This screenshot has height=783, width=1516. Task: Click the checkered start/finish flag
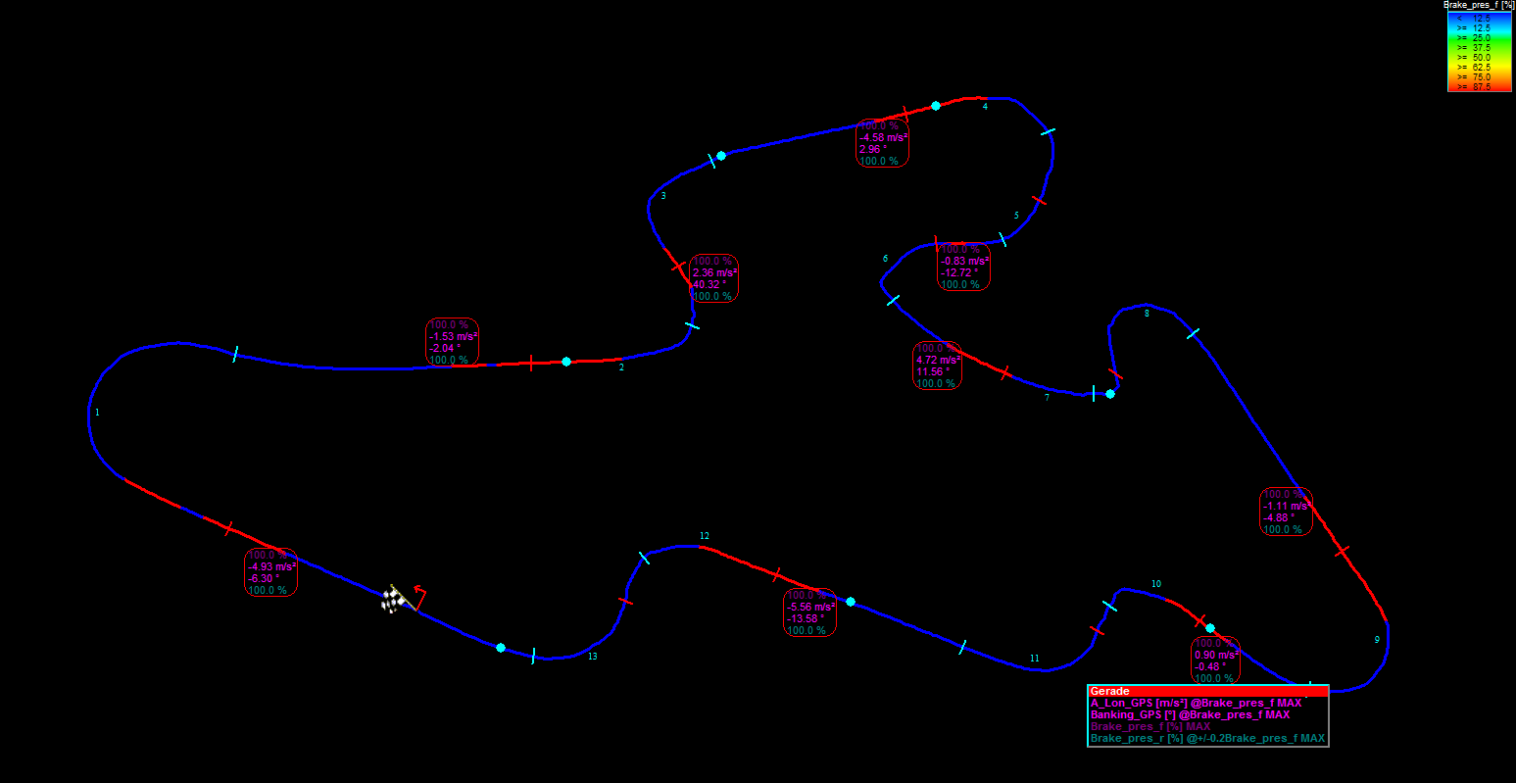[393, 599]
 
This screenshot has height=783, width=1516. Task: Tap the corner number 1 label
[97, 413]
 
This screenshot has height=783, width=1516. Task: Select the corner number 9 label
[1377, 640]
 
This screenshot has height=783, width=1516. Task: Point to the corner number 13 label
[593, 657]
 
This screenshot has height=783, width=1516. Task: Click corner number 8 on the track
[1147, 314]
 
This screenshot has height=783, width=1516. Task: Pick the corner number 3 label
[663, 196]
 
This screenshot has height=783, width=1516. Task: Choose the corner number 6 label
[885, 259]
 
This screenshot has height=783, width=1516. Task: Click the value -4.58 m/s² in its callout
[884, 137]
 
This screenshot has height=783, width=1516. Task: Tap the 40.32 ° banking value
[709, 284]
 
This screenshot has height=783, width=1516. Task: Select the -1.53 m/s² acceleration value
[453, 336]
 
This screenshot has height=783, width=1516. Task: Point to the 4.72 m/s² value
[938, 360]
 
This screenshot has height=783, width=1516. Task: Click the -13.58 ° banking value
[806, 619]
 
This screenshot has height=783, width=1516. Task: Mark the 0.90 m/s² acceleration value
[1216, 655]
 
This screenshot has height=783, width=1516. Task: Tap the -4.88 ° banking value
[1280, 517]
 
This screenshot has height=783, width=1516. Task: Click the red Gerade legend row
[1207, 691]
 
